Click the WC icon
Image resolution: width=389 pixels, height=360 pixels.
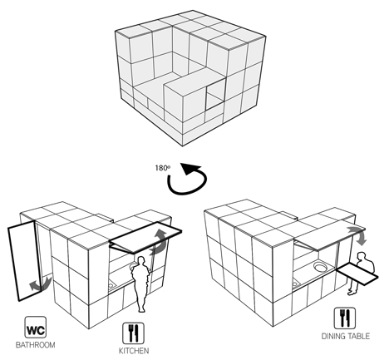(36, 328)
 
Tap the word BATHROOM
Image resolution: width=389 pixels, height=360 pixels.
(35, 345)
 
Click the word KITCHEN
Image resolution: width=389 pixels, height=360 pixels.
(134, 351)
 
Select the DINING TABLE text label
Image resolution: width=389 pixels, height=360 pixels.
(346, 336)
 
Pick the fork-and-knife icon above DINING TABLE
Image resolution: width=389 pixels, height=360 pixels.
(345, 318)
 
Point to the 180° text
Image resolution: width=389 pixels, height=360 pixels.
(163, 168)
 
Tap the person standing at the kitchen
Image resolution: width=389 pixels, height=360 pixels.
(141, 284)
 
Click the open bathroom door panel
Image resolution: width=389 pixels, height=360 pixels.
(25, 260)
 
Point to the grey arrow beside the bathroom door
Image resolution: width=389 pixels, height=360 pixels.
(40, 284)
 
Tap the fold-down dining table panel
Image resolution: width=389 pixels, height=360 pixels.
(357, 274)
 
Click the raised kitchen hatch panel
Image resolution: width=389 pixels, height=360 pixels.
(145, 237)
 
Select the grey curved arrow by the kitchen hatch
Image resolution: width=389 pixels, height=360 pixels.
(160, 242)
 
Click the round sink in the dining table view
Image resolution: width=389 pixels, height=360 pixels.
(321, 267)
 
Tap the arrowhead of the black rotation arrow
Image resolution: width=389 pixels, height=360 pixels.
(189, 169)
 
